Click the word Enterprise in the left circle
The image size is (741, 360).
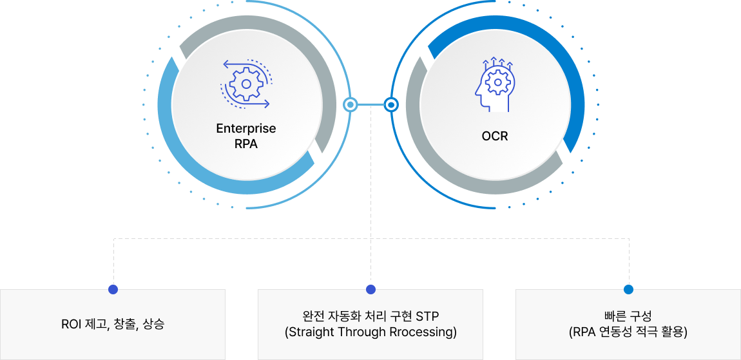245,128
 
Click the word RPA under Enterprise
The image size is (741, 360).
245,144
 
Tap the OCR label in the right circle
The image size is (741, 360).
494,136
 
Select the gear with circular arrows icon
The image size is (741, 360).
246,82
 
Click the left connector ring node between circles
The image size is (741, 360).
350,104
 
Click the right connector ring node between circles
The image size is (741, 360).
390,104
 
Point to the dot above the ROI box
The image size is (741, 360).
113,289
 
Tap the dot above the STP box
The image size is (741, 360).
370,289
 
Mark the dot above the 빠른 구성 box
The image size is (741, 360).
628,289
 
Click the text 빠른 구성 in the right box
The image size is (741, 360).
628,316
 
